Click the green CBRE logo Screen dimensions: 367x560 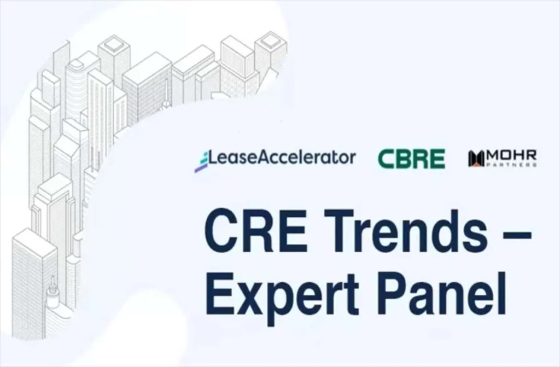411,159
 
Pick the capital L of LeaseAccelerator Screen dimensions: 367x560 214,158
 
